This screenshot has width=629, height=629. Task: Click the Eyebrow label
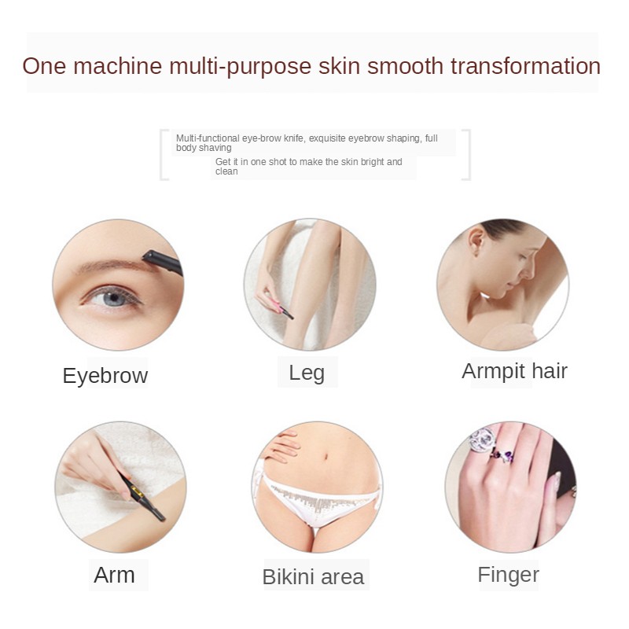[105, 375]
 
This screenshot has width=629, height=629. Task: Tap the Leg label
[307, 372]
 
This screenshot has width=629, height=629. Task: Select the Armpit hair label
[514, 371]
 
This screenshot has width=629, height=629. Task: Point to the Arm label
[114, 575]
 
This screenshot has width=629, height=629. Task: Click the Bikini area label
[313, 577]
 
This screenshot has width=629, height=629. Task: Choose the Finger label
[508, 575]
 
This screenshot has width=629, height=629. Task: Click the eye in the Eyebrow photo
[112, 297]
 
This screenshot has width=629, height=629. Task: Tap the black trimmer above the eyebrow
[162, 262]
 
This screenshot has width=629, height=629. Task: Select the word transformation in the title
[525, 66]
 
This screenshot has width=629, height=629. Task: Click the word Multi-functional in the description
[208, 138]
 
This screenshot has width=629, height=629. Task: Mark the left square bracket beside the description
[164, 155]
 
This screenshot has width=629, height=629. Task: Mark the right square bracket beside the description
[466, 155]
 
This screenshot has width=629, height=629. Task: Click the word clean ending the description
[226, 171]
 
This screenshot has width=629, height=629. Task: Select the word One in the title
[44, 66]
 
